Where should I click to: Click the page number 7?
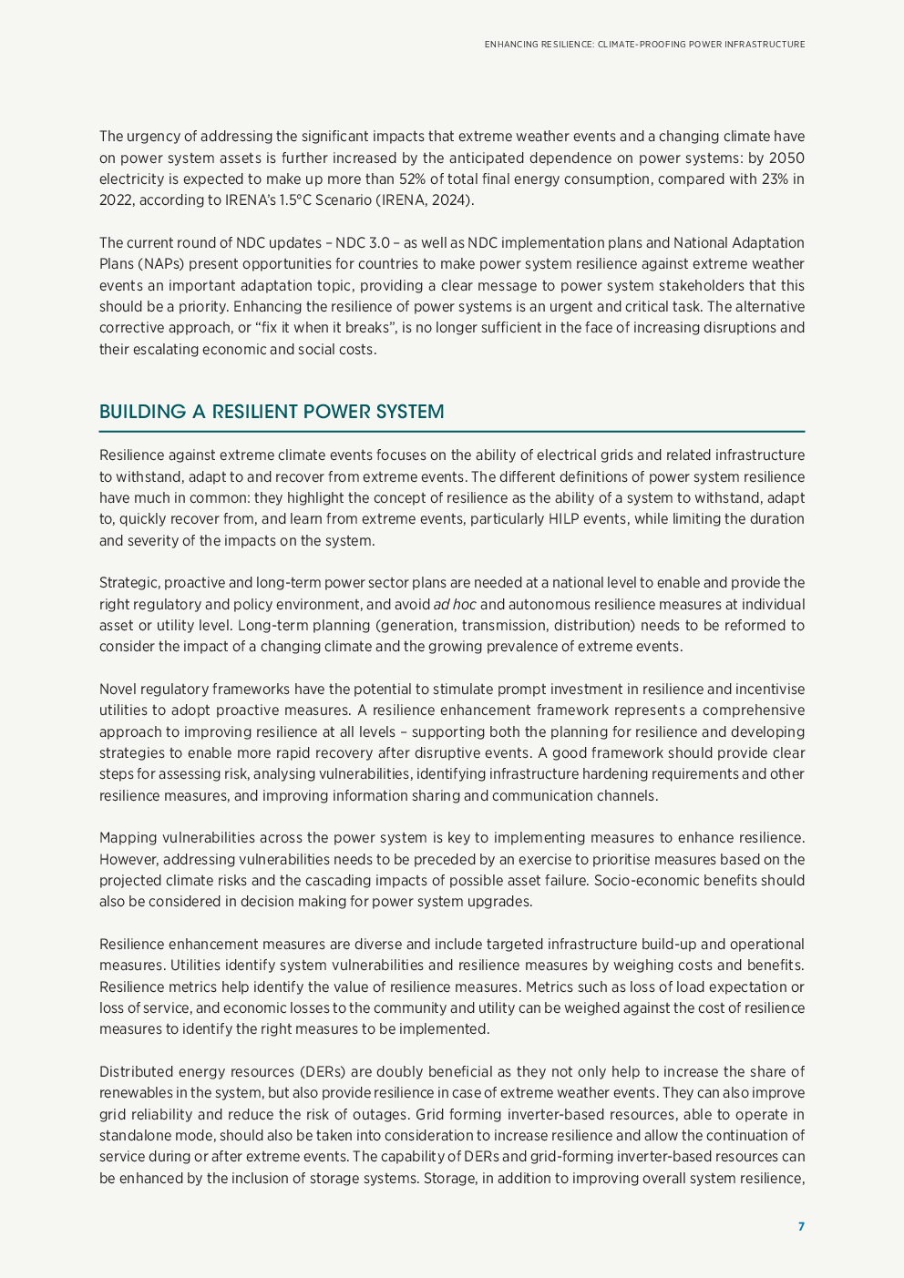(x=801, y=1227)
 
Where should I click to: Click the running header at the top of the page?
(x=644, y=44)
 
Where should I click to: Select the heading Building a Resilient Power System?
(x=272, y=412)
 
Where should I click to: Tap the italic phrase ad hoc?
(x=454, y=605)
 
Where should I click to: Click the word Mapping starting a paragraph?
(x=128, y=838)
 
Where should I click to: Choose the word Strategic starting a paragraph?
(x=129, y=583)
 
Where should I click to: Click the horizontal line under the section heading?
(x=452, y=432)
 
